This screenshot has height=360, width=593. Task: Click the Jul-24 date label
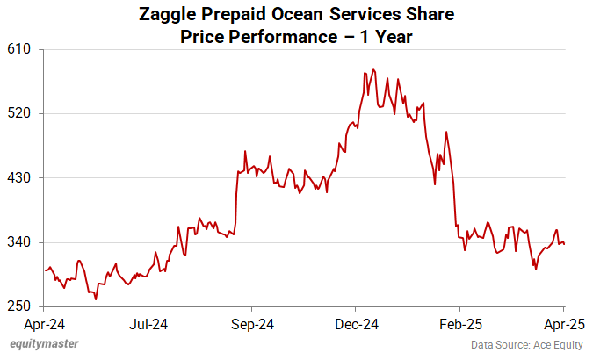148,324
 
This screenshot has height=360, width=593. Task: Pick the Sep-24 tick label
251,324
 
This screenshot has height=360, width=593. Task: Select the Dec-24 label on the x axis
356,324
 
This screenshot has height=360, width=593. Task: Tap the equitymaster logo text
43,343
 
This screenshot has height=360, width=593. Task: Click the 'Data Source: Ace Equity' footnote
525,344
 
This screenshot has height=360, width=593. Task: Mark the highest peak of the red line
373,69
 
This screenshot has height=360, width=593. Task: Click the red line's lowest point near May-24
96,299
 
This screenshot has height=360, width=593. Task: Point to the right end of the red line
563,244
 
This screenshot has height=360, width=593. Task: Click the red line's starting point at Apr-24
45,270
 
